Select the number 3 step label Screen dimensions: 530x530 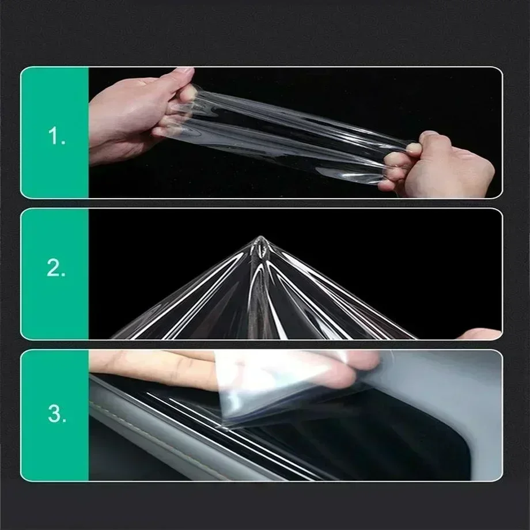pyautogui.click(x=57, y=414)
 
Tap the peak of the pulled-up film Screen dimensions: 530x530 pyautogui.click(x=260, y=238)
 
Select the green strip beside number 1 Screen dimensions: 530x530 pyautogui.click(x=55, y=132)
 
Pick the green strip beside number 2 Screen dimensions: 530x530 pyautogui.click(x=55, y=274)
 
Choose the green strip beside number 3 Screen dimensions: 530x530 pyautogui.click(x=55, y=415)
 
